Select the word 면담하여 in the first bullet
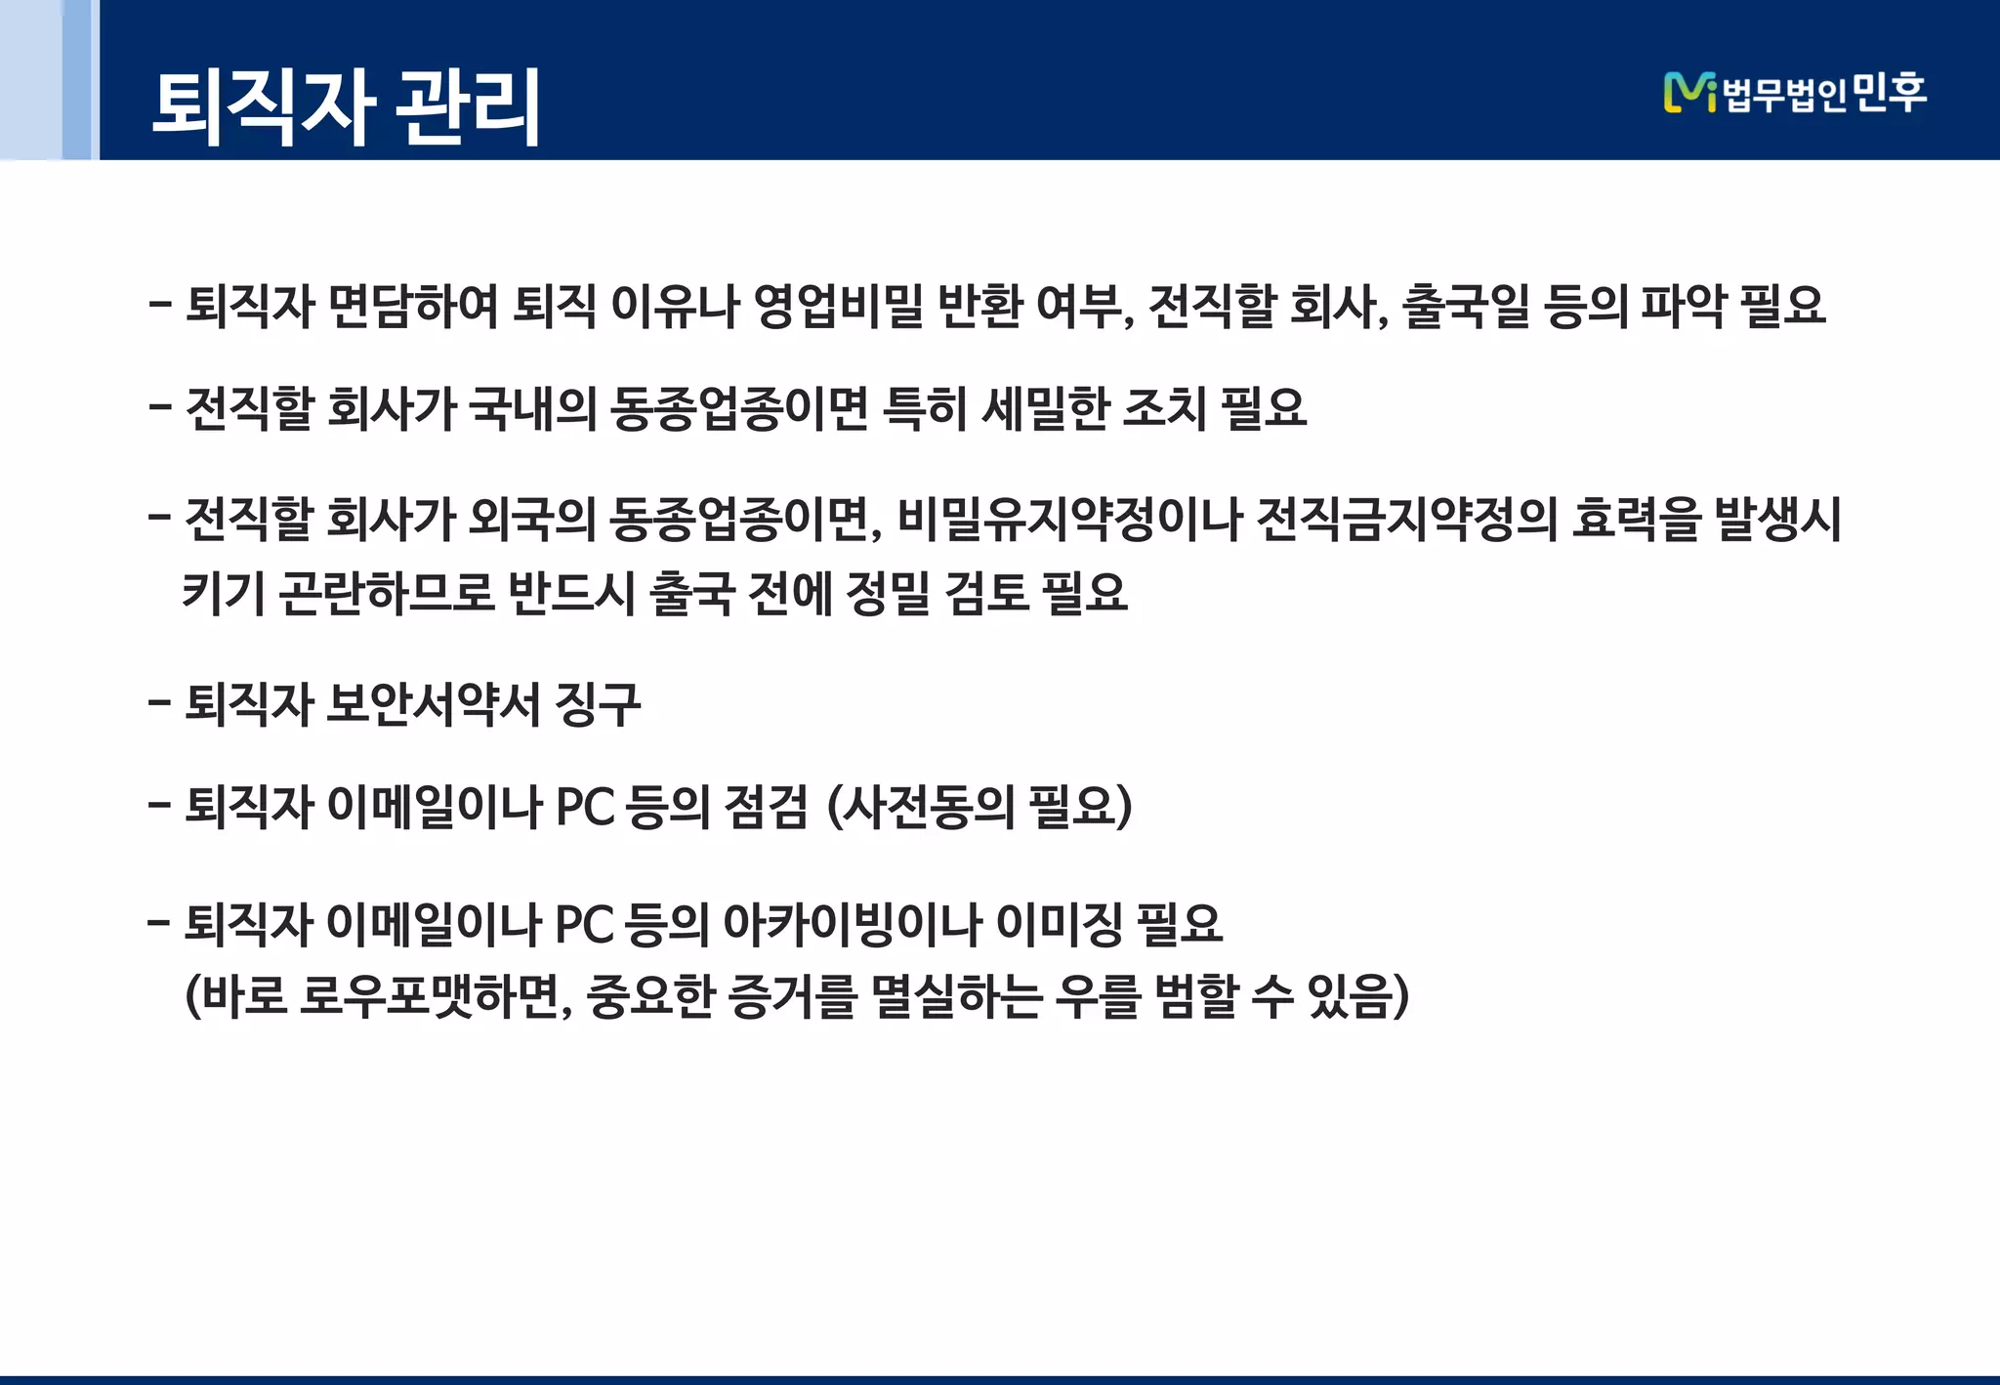pos(413,306)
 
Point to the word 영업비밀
pos(838,306)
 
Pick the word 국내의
pos(532,408)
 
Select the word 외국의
pos(532,518)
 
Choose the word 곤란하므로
pos(387,592)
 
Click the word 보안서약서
pos(433,703)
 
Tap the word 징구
pos(597,703)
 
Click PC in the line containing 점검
pos(585,808)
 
